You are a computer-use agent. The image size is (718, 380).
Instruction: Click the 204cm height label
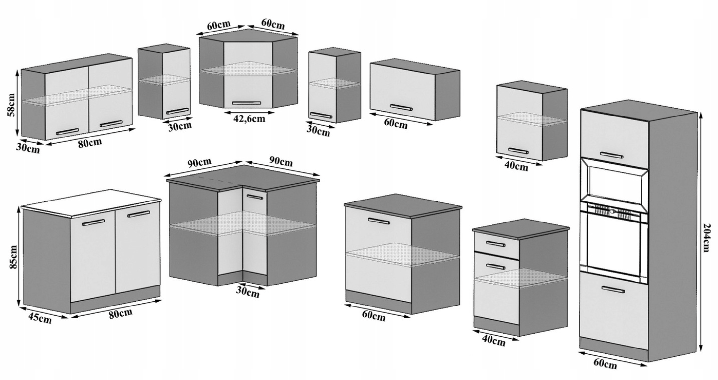(x=707, y=238)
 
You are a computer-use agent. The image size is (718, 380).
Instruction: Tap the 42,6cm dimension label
(x=249, y=118)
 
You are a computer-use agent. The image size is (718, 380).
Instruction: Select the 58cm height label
(x=11, y=105)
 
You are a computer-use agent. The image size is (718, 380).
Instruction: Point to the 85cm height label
(x=13, y=257)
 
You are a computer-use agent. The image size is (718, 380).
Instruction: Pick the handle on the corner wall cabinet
(x=247, y=103)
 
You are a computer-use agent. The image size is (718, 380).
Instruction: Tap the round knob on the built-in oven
(x=612, y=212)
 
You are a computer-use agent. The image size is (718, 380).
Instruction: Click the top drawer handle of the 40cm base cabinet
(x=495, y=244)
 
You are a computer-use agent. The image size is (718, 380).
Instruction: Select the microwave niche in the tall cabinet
(x=614, y=185)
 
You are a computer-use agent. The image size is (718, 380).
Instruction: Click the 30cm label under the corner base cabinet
(x=248, y=292)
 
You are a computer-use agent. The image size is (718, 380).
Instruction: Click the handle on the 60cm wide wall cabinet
(x=402, y=108)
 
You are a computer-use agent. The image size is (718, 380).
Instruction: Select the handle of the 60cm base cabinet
(x=379, y=221)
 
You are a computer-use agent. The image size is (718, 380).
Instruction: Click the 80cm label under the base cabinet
(x=121, y=313)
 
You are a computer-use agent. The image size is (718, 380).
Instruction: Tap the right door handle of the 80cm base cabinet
(x=139, y=214)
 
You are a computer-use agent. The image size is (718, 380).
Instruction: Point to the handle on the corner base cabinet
(x=255, y=197)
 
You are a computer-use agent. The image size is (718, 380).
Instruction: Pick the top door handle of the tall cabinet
(x=612, y=155)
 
